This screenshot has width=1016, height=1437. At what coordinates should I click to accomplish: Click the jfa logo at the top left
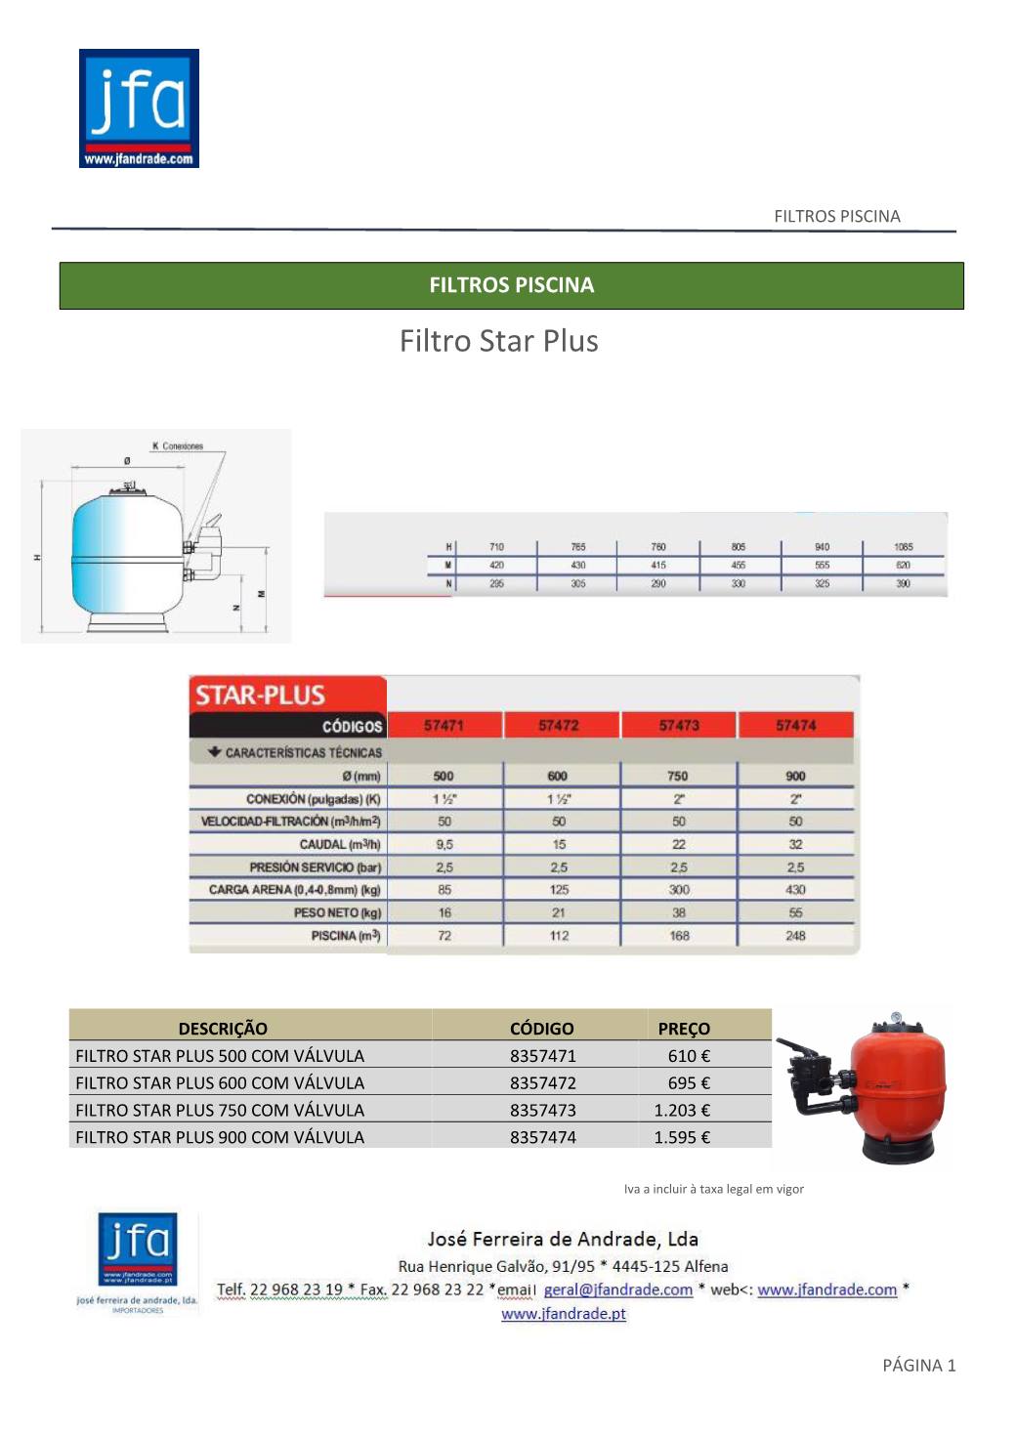point(139,108)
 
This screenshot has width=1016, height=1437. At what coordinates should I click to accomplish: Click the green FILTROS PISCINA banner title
point(511,285)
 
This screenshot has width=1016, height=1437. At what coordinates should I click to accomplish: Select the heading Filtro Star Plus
point(498,341)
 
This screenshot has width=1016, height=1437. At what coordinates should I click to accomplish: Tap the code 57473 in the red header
point(678,726)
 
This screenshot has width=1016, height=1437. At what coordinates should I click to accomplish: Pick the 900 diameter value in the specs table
point(795,776)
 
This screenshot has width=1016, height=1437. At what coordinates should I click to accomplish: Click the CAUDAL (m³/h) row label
point(339,844)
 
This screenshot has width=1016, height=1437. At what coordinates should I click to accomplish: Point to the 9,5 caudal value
point(444,844)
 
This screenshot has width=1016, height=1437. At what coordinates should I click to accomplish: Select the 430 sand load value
point(795,890)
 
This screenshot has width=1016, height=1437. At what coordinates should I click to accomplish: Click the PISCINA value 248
point(795,936)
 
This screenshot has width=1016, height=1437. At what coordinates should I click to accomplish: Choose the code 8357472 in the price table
point(542,1082)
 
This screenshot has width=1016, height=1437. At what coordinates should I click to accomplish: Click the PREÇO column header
point(684,1029)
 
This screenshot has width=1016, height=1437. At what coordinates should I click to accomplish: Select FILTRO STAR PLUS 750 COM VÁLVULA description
point(220,1110)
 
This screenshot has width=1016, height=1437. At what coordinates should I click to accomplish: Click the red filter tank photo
point(897,1084)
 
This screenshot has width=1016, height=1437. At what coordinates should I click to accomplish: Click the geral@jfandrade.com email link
point(617,1289)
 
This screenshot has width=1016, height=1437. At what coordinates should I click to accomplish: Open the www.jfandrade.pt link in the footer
point(564,1314)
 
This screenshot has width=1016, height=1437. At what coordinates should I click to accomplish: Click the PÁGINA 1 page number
point(918,1366)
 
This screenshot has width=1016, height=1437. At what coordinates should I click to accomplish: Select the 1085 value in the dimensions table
point(903,547)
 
